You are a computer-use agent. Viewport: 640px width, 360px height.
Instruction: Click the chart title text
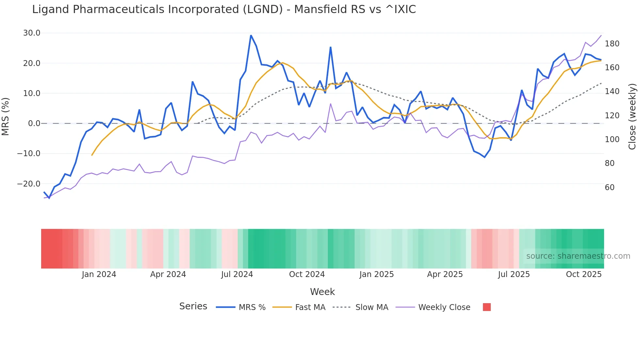[224, 9]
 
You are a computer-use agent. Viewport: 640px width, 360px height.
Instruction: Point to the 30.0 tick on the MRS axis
[32, 33]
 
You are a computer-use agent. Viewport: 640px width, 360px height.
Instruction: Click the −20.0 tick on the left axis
[29, 184]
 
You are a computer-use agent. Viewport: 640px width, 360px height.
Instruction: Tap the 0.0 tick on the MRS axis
[34, 123]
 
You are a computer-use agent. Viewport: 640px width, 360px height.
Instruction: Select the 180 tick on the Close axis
[612, 44]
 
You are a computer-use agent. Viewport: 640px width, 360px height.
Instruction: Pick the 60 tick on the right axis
[610, 188]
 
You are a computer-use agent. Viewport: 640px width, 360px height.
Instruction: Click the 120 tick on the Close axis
[612, 116]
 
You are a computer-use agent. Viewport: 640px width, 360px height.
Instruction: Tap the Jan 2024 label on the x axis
[99, 274]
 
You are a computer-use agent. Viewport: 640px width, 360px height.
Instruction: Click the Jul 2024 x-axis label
[237, 274]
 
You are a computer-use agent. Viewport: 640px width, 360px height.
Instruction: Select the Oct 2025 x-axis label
[584, 274]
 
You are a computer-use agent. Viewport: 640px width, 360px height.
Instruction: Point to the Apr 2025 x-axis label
[445, 274]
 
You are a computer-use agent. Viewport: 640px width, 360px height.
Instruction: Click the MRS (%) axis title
[6, 117]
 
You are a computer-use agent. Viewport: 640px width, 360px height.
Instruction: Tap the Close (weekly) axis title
[632, 117]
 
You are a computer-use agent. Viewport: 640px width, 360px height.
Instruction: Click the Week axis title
[322, 292]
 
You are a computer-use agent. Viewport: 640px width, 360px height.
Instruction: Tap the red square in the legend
[487, 307]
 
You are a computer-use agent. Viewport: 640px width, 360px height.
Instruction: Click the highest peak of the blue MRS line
[251, 35]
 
